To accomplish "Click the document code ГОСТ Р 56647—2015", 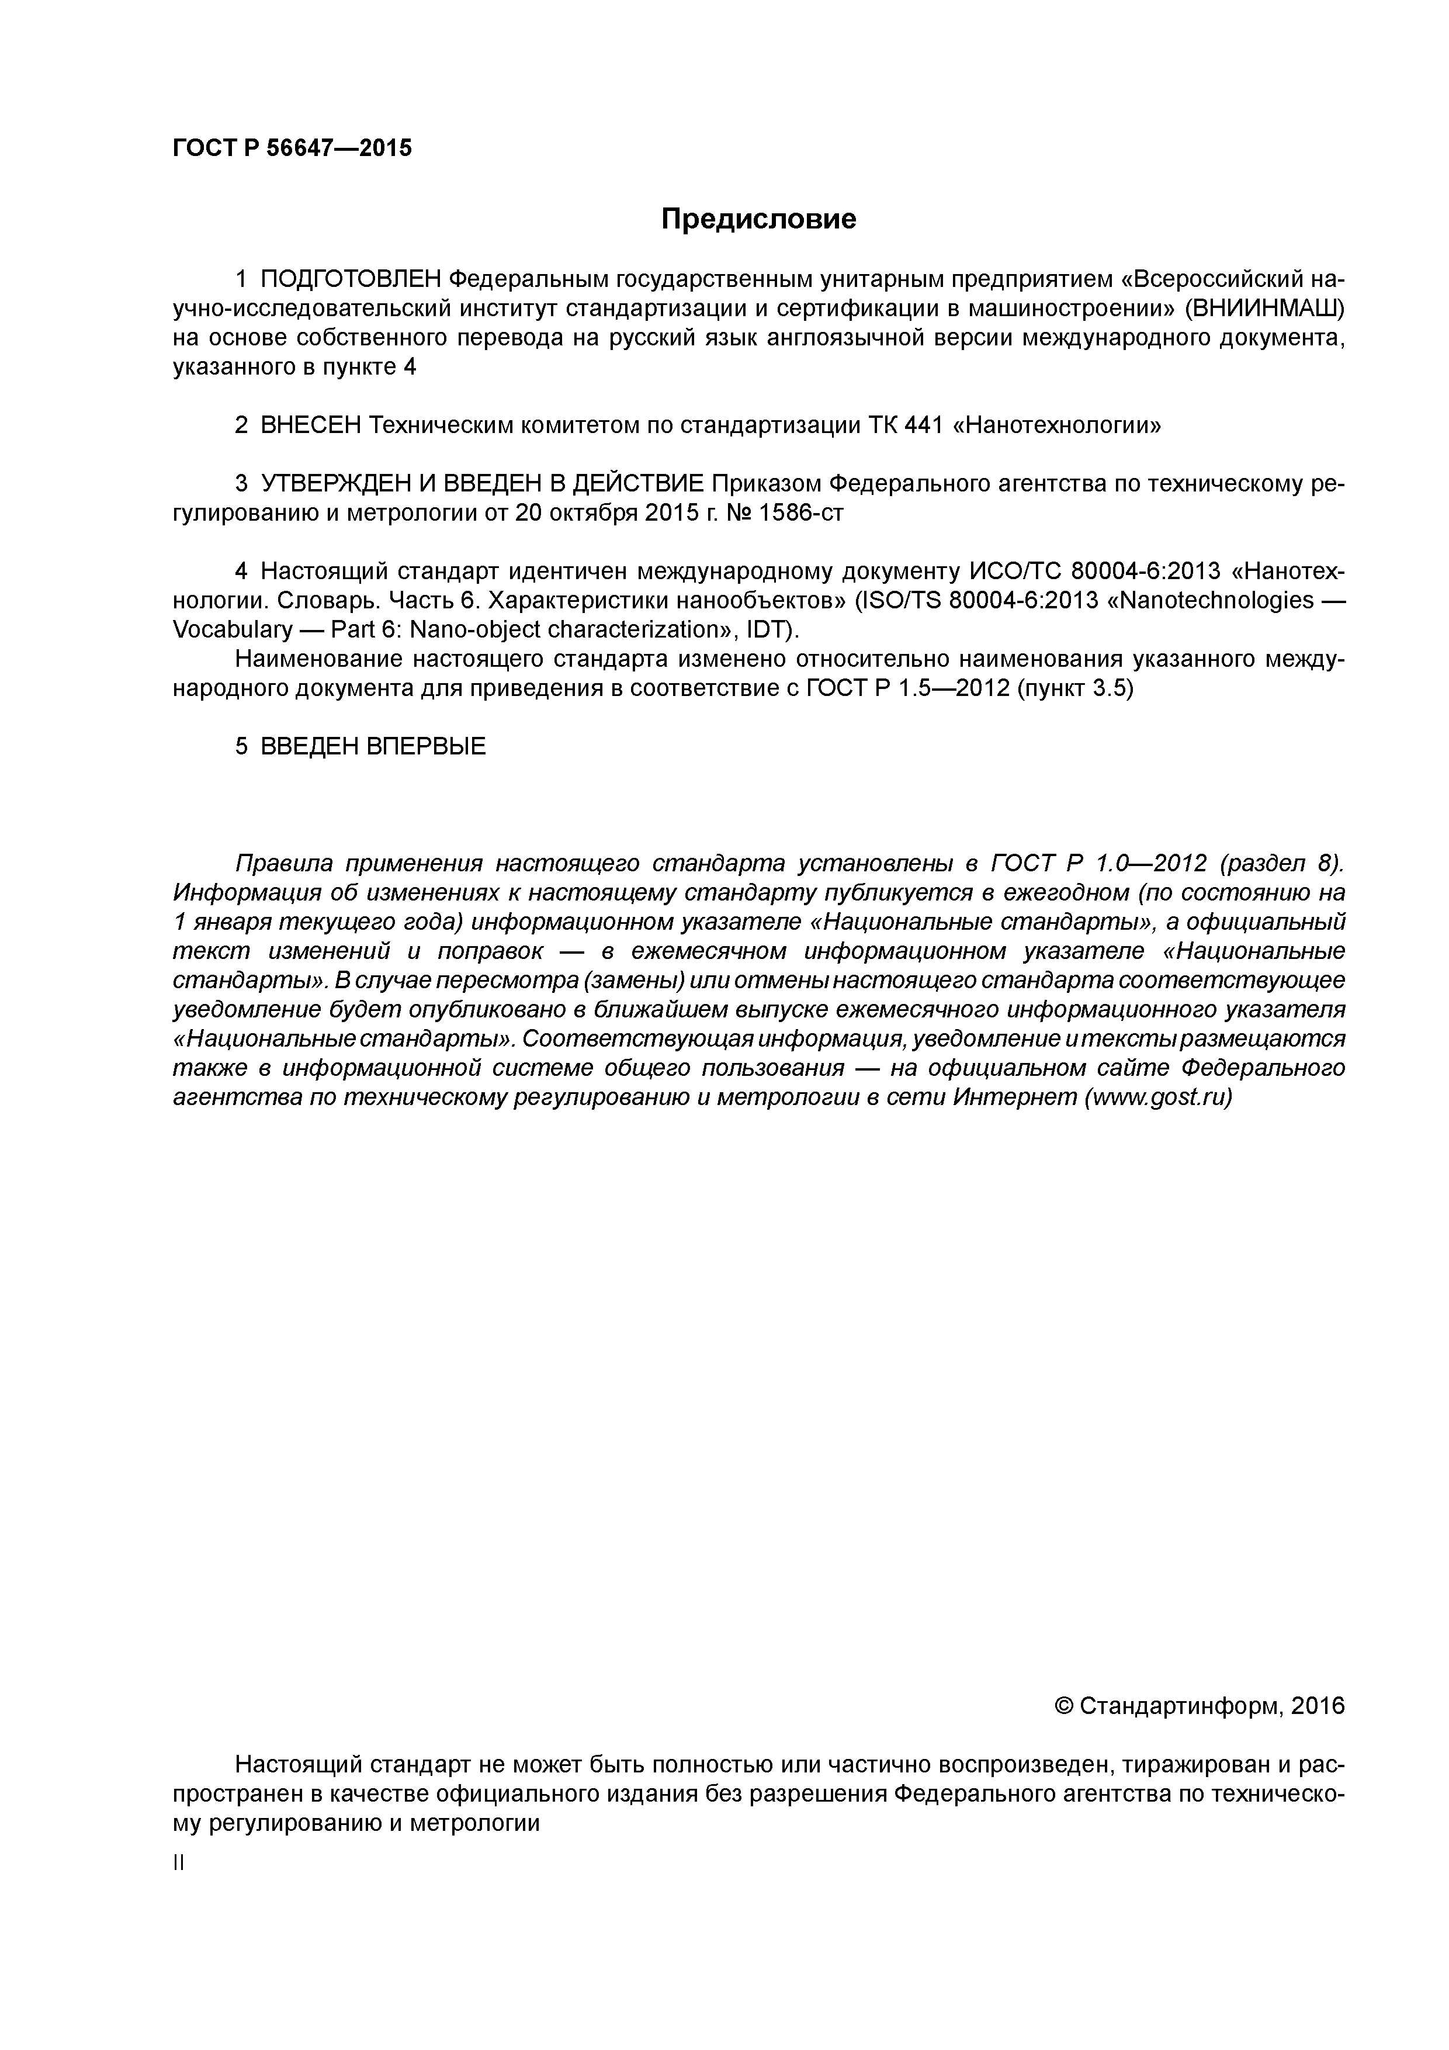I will (292, 148).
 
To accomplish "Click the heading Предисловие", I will (758, 220).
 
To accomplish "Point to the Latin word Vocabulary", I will (232, 631).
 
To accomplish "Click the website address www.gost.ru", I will (1157, 1097).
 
